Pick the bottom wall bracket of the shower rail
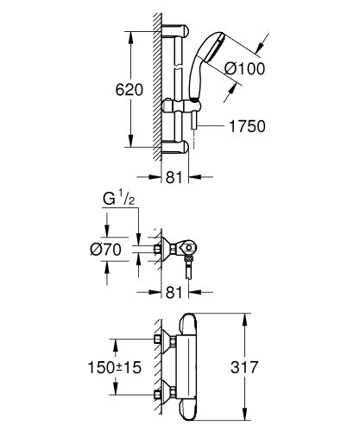[x=175, y=149]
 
